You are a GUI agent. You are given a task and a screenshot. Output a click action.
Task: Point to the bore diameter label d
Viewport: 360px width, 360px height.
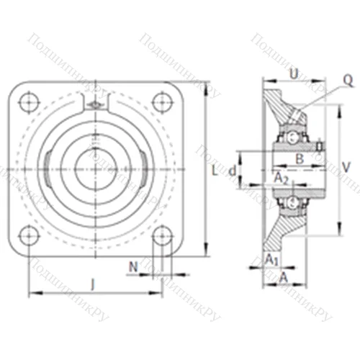coord(232,171)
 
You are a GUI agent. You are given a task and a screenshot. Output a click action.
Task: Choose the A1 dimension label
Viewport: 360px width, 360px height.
coord(271,258)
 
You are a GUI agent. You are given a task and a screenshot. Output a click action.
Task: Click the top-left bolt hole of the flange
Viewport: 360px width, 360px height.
coord(29,102)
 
